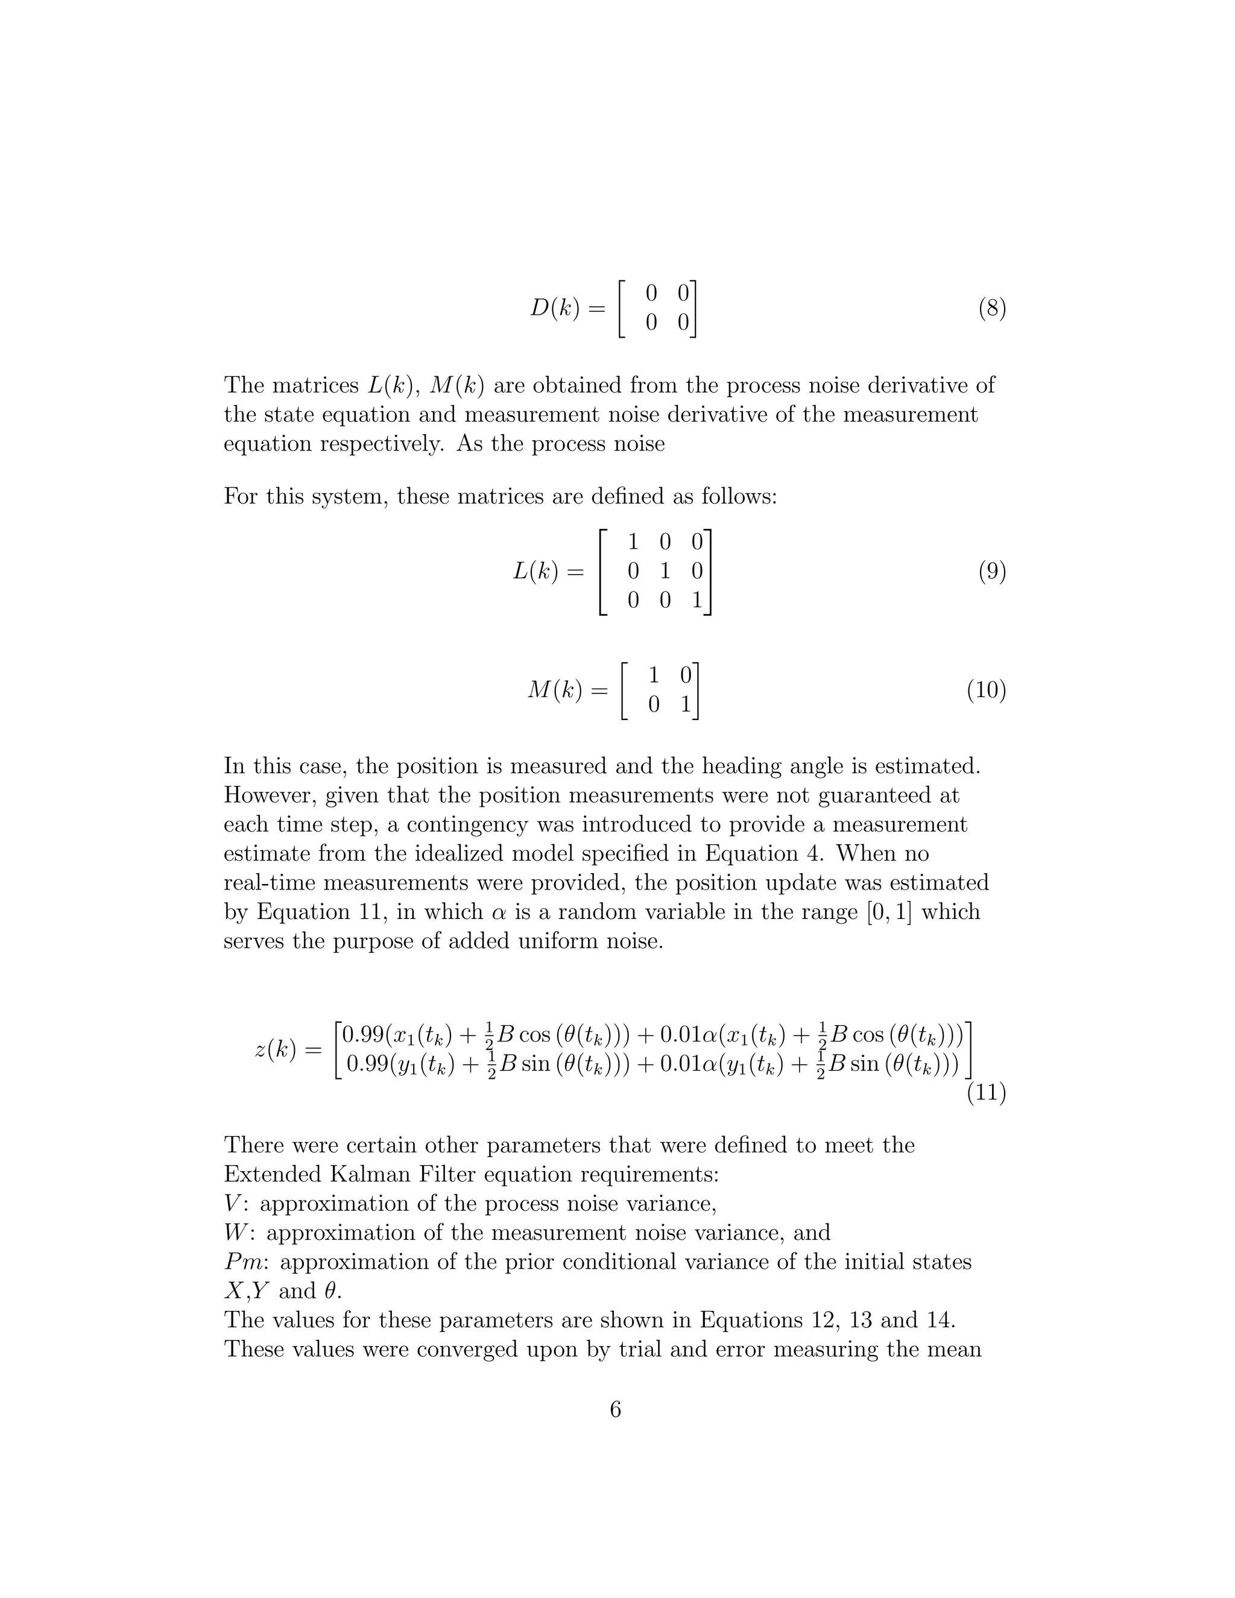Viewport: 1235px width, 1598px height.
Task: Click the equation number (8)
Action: (x=992, y=309)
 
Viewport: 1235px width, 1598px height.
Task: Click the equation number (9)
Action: (x=992, y=572)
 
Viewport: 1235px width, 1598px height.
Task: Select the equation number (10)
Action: (x=986, y=690)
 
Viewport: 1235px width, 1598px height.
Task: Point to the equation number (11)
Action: (x=986, y=1093)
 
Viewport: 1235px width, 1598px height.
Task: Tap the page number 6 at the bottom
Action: (x=615, y=1409)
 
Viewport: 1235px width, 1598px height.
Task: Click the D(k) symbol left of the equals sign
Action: (x=555, y=309)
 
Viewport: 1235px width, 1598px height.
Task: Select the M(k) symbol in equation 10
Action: (x=555, y=690)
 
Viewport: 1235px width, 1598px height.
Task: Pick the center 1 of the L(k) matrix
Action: (x=665, y=572)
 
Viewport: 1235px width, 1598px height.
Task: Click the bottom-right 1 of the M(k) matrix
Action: (x=686, y=704)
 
